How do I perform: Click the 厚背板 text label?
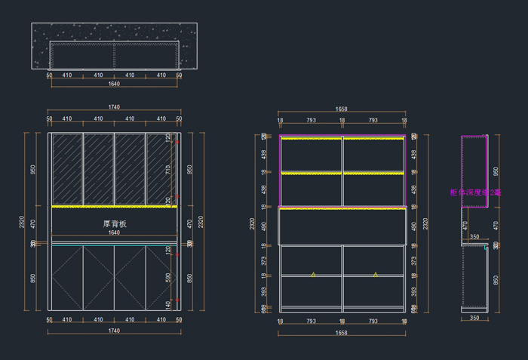(114, 224)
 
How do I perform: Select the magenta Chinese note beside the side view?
(475, 192)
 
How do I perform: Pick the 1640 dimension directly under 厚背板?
(114, 233)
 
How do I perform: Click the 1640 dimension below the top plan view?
(114, 84)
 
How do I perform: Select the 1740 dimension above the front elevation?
(114, 107)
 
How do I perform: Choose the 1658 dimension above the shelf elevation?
(342, 110)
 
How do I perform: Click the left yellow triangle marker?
(313, 275)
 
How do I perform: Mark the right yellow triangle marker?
(375, 275)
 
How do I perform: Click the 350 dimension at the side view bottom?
(474, 318)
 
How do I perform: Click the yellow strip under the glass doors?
(114, 206)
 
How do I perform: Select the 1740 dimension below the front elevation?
(114, 331)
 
